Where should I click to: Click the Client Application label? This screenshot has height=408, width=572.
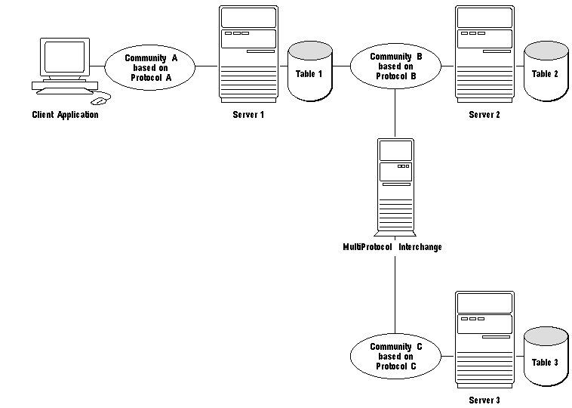pos(65,115)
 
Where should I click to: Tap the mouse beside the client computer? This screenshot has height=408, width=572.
pos(100,98)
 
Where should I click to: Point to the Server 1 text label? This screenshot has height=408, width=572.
pos(248,115)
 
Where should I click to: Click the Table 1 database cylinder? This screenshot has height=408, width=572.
pos(309,73)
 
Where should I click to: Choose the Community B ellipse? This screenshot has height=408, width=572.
pos(396,66)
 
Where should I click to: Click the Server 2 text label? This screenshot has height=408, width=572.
pos(484,115)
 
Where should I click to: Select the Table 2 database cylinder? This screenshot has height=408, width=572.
pos(545,73)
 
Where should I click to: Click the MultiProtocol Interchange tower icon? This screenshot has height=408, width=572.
pos(395,185)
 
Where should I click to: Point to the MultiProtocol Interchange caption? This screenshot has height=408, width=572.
pos(392,247)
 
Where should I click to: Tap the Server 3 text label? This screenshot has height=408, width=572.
pos(484,400)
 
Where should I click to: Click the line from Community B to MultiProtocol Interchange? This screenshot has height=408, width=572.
pos(395,113)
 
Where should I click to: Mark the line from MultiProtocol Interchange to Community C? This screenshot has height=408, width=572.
pos(395,295)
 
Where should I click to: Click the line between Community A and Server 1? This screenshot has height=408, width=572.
pos(207,66)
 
